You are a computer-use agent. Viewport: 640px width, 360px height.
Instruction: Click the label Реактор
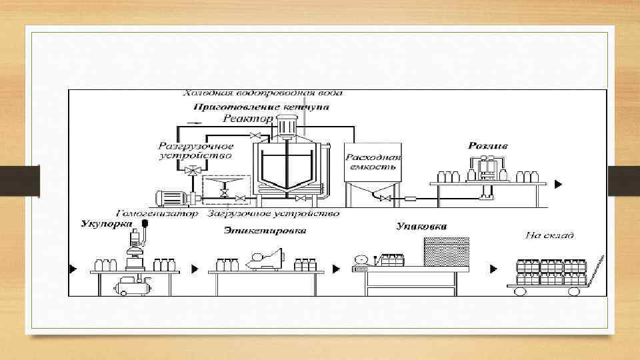pos(247,119)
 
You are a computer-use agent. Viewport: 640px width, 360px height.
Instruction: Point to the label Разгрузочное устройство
pos(195,150)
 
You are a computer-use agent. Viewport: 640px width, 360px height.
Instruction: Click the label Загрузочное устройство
pos(273,214)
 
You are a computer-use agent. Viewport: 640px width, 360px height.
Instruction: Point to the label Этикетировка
pos(265,231)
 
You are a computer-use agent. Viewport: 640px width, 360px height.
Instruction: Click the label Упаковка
pos(421,227)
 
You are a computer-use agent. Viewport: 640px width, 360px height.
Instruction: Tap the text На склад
pos(549,235)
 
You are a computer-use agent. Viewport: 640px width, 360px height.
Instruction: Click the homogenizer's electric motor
pos(172,198)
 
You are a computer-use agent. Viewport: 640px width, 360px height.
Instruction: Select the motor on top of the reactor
pos(287,126)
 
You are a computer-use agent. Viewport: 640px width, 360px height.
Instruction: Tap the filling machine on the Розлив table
pos(487,167)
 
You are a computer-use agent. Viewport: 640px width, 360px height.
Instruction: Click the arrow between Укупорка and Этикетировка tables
pos(195,269)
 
